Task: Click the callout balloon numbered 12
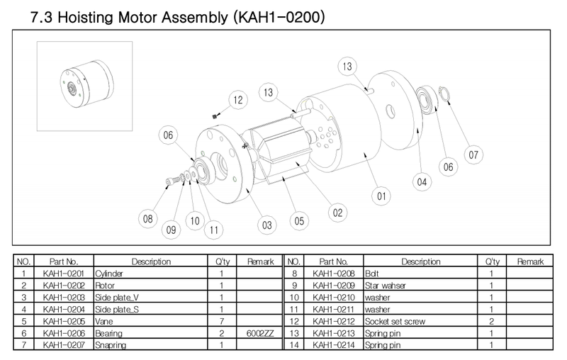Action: [238, 100]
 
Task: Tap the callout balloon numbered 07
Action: [473, 154]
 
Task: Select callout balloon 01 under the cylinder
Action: [381, 196]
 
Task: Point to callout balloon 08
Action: [148, 219]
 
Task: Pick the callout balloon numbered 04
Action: [422, 182]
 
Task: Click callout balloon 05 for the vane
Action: [299, 221]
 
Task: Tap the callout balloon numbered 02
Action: [338, 213]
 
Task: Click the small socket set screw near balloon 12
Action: [215, 116]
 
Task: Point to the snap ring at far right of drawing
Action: [444, 94]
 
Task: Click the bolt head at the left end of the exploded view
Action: [169, 182]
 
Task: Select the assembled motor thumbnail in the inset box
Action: [86, 84]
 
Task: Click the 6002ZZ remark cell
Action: [260, 333]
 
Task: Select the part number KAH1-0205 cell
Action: [64, 321]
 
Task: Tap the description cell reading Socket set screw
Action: [420, 321]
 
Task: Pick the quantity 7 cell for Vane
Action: [222, 321]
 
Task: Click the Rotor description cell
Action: [150, 286]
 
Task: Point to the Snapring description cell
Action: [150, 345]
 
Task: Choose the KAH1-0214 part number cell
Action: [333, 345]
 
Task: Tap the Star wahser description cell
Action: [420, 286]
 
